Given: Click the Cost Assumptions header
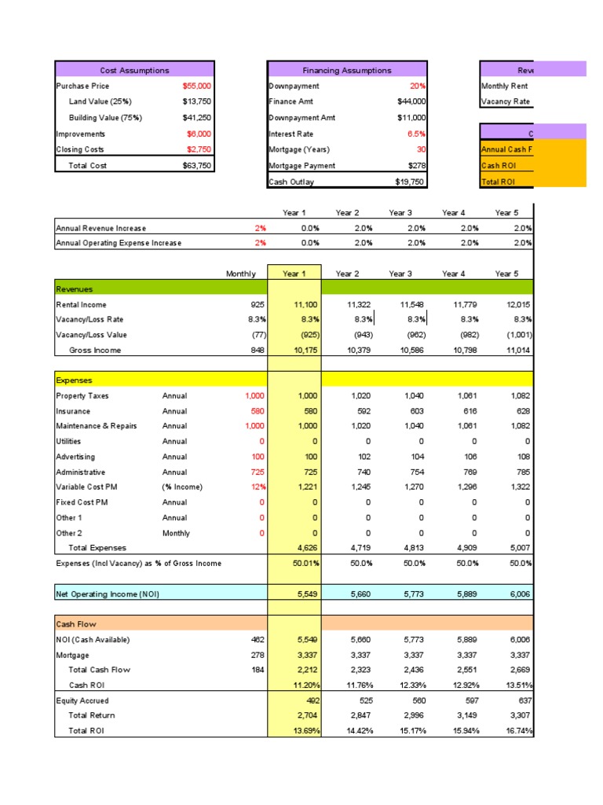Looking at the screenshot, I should [134, 71].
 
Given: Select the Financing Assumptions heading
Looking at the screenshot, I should [347, 71].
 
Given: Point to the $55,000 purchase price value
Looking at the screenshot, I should [196, 86].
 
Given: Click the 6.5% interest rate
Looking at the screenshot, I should [416, 134].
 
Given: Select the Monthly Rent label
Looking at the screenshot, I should [505, 86].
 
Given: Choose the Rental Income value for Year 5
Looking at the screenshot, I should [517, 304].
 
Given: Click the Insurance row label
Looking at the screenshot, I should [73, 411].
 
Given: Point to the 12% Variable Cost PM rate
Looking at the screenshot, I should [256, 487].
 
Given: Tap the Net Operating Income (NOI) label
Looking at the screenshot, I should [108, 594].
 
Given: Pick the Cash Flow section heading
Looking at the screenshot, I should [75, 624].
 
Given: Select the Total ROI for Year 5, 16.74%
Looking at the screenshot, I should [518, 731].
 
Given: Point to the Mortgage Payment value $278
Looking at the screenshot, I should [416, 166].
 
